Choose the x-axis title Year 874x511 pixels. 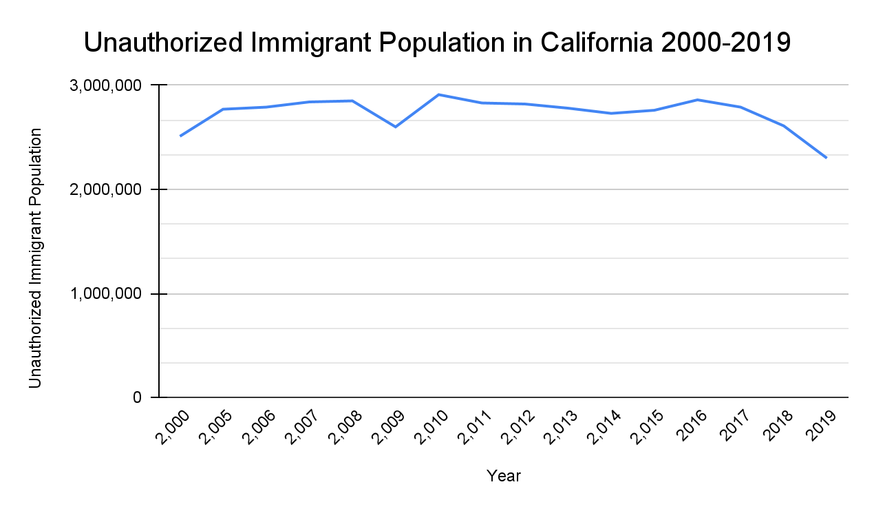coord(504,476)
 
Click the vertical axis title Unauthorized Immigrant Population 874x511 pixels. coord(35,258)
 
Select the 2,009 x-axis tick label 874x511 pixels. coord(390,428)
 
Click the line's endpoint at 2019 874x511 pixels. coord(827,158)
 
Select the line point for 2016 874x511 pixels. coord(697,100)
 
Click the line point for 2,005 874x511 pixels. coord(224,109)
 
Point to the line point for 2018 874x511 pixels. coord(783,126)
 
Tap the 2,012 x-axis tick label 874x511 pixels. coord(520,428)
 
